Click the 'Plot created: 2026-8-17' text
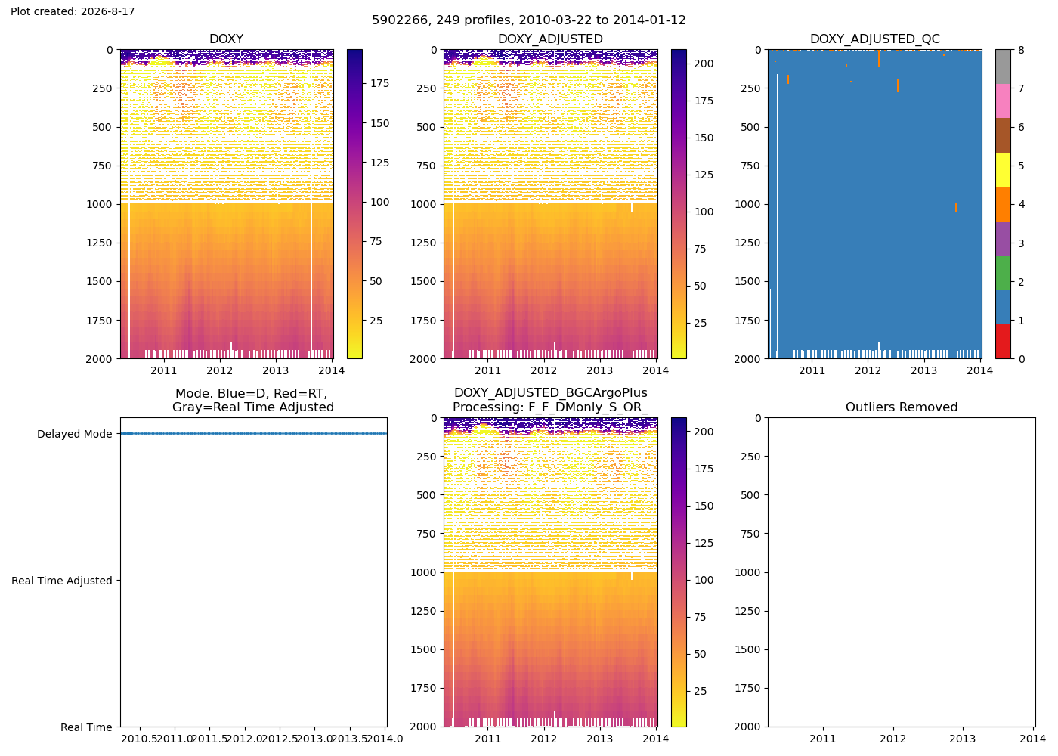[x=73, y=11]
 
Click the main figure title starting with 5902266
[x=528, y=20]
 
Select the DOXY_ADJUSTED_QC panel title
[x=875, y=39]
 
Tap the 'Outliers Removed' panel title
[x=901, y=407]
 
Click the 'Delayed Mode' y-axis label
[x=75, y=434]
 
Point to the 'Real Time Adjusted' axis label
[x=62, y=581]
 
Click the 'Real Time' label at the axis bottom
[x=86, y=727]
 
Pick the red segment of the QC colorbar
[x=1003, y=342]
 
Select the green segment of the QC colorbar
[x=1003, y=273]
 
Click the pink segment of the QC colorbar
[x=1003, y=101]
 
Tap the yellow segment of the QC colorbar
[x=1003, y=169]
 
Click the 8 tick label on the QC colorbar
[x=1021, y=50]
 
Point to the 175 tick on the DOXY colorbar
[x=379, y=83]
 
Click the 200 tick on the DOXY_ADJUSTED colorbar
[x=704, y=64]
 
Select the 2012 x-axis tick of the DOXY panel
[x=220, y=370]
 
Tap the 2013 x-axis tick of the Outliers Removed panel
[x=963, y=739]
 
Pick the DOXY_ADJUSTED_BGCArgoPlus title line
[x=551, y=392]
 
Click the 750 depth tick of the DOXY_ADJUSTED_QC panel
[x=751, y=166]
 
